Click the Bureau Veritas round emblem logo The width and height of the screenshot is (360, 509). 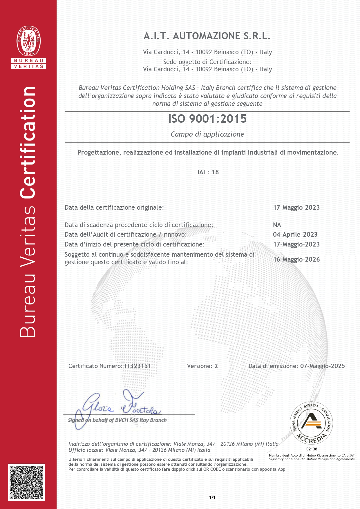pyautogui.click(x=29, y=41)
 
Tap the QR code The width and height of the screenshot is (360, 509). pyautogui.click(x=26, y=482)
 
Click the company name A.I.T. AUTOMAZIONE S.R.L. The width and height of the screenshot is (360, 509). pyautogui.click(x=207, y=36)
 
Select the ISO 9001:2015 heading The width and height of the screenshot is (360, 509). pyautogui.click(x=207, y=119)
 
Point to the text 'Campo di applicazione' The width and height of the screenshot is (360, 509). pyautogui.click(x=207, y=134)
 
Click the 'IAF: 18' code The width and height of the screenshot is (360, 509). pyautogui.click(x=208, y=172)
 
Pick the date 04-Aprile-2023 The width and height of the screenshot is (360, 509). pyautogui.click(x=295, y=235)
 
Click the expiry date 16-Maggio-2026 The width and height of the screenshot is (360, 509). pyautogui.click(x=296, y=260)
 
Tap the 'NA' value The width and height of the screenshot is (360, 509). pyautogui.click(x=277, y=225)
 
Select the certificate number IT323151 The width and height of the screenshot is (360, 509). pyautogui.click(x=138, y=366)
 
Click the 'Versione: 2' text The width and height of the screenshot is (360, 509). pyautogui.click(x=202, y=366)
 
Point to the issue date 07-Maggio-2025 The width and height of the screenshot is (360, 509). pyautogui.click(x=322, y=366)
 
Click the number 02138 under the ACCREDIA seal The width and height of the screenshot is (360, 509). pyautogui.click(x=312, y=449)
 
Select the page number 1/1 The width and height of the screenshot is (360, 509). pyautogui.click(x=212, y=498)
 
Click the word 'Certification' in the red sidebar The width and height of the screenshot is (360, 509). pyautogui.click(x=28, y=142)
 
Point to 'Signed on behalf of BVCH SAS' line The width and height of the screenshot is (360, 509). pyautogui.click(x=117, y=420)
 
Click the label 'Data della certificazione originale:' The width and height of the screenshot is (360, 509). pyautogui.click(x=114, y=208)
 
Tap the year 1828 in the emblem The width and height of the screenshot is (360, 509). pyautogui.click(x=29, y=53)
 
